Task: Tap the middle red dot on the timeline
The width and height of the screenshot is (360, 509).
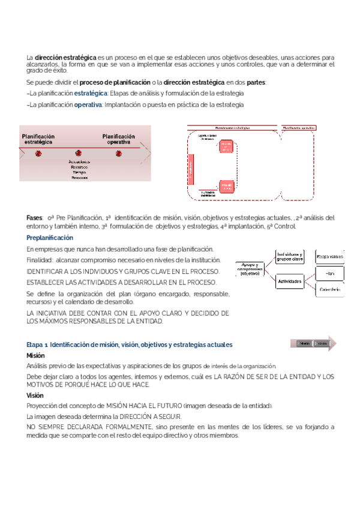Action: [x=78, y=153]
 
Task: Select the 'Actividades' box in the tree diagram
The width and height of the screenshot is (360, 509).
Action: [x=289, y=280]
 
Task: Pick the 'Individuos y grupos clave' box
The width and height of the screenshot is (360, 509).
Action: [x=289, y=256]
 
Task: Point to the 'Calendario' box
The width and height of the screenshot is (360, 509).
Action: [x=329, y=290]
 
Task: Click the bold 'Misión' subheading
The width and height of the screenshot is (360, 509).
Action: [x=36, y=355]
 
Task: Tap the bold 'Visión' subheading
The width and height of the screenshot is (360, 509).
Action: [x=35, y=396]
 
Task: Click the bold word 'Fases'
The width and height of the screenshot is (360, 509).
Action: [x=35, y=217]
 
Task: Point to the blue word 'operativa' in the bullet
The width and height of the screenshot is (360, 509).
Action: [x=88, y=104]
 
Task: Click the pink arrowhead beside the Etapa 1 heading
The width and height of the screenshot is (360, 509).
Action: [x=332, y=343]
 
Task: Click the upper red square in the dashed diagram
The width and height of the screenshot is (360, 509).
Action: [x=226, y=146]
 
